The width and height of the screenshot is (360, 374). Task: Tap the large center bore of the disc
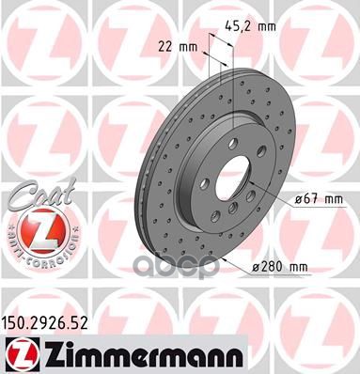(236, 181)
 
